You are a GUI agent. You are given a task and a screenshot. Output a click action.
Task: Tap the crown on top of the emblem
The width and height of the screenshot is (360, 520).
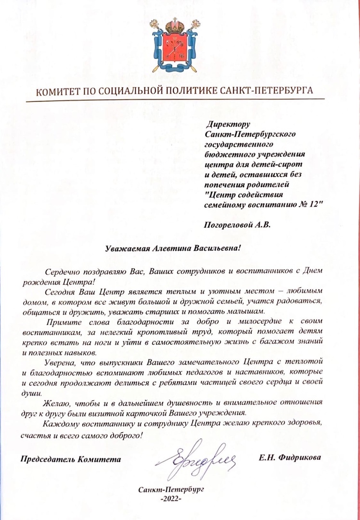point(175,25)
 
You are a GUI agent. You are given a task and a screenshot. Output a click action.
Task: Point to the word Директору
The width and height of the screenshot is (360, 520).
point(226,124)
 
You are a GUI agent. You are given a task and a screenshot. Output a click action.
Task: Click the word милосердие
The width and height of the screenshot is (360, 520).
point(264,322)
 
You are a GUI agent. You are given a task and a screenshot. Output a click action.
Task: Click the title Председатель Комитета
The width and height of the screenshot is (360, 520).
point(70,458)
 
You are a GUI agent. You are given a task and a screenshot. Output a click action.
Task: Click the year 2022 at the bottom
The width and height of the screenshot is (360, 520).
point(171,499)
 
